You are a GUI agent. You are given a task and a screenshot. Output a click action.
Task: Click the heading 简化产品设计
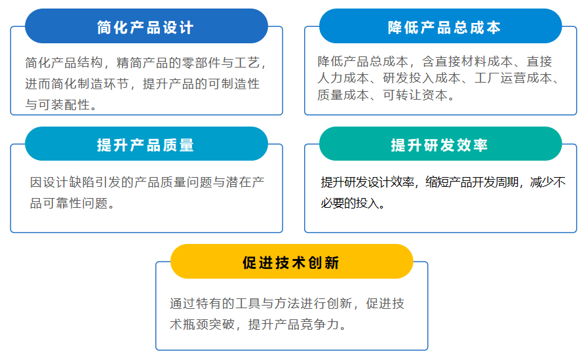(146, 28)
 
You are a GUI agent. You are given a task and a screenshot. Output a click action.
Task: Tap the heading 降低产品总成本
(444, 28)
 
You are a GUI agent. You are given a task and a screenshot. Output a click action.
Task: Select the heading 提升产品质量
(146, 145)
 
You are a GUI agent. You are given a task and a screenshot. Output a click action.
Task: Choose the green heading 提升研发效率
(439, 145)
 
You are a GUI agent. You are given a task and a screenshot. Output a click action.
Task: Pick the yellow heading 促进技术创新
(291, 263)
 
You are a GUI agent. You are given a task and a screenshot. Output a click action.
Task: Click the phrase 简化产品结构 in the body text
(64, 62)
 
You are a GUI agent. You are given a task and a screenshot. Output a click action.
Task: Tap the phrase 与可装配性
(58, 105)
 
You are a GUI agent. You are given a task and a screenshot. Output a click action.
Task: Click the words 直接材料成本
(474, 61)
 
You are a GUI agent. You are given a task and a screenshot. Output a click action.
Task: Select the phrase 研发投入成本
(421, 78)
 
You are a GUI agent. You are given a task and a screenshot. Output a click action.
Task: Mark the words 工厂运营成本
(513, 78)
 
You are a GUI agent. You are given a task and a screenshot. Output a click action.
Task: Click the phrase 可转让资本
(415, 94)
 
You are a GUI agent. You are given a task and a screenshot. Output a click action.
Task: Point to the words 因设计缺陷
(62, 182)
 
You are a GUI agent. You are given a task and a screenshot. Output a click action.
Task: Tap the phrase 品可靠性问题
(69, 203)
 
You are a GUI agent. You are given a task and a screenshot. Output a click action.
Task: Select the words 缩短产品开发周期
(472, 182)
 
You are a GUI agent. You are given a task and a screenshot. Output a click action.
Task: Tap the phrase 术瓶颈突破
(202, 324)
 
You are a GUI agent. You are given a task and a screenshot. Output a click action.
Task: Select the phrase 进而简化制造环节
(77, 84)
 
